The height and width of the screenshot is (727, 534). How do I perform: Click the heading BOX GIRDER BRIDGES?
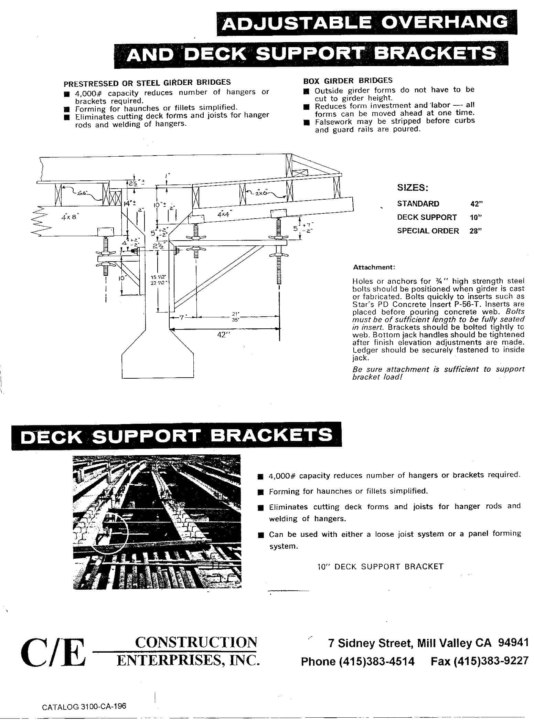348,81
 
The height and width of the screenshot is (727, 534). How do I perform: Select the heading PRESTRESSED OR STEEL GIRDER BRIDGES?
147,83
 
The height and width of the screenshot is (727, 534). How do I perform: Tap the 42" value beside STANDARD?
476,204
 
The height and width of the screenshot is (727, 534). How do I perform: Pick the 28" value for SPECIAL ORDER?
476,231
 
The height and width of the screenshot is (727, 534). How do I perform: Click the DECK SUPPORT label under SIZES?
427,217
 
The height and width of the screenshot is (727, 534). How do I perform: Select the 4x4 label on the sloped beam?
225,214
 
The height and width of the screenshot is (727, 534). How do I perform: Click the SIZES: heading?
413,188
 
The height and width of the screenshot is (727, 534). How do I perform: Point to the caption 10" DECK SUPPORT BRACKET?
380,566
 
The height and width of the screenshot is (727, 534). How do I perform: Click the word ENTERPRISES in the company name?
169,660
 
